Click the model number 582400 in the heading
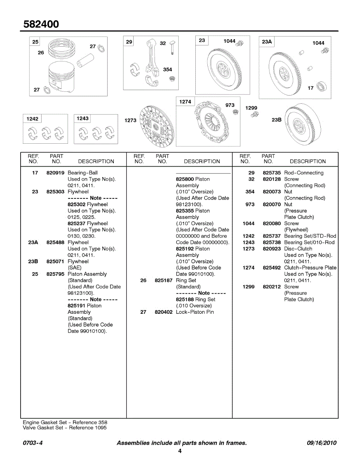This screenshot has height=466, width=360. click(41, 24)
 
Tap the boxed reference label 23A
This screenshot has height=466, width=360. click(267, 42)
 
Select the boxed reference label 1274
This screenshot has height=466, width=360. click(185, 102)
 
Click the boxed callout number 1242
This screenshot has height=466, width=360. click(32, 118)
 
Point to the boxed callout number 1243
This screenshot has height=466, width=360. click(82, 118)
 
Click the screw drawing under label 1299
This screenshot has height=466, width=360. click(254, 115)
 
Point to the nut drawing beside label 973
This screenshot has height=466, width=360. click(235, 112)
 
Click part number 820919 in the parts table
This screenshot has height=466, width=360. click(55, 173)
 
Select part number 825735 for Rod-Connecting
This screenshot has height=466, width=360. click(271, 173)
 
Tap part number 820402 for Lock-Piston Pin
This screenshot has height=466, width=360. click(163, 312)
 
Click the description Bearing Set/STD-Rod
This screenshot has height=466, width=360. click(310, 236)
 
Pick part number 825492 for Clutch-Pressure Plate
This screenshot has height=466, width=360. click(271, 268)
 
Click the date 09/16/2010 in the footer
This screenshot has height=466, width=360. click(321, 443)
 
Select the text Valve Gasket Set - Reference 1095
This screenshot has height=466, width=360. click(64, 428)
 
